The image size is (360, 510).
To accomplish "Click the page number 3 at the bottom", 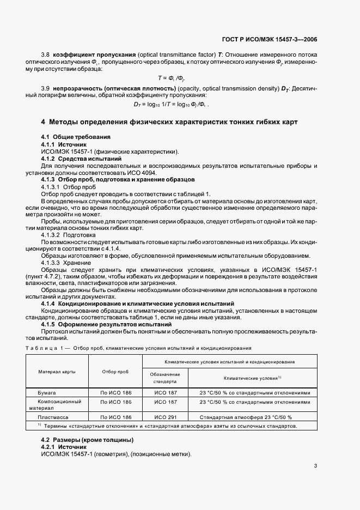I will (315, 466).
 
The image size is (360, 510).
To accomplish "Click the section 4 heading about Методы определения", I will (169, 121).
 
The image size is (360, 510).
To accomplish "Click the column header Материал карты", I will (57, 372).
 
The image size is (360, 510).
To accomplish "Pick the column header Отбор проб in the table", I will (115, 372).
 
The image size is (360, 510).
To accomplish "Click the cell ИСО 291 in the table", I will (165, 417).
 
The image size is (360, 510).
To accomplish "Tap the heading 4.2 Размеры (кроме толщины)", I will (88, 440).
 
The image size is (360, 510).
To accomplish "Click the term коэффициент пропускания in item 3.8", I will (86, 56).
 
